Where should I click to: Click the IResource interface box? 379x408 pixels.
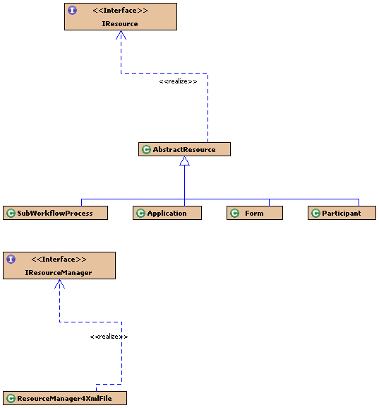point(121,17)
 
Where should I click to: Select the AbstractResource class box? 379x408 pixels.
point(184,149)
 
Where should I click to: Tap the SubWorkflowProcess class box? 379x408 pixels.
point(55,213)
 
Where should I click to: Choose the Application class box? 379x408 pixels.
point(167,213)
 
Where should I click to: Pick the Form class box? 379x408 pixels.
point(255,213)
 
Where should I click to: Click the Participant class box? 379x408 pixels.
point(342,213)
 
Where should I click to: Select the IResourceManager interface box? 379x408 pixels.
point(59,265)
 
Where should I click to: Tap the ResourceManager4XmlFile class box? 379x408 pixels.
point(65,398)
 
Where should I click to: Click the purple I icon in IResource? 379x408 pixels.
point(72,11)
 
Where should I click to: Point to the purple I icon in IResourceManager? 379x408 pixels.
point(11,260)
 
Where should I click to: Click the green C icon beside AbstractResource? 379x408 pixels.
point(146,149)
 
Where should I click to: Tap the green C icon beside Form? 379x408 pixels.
point(234,213)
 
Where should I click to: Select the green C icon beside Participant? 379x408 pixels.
point(315,213)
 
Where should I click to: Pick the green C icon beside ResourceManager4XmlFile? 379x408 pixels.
point(11,398)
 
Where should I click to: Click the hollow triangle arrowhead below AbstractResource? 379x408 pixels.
point(184,161)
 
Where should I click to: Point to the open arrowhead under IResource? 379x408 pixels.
point(121,35)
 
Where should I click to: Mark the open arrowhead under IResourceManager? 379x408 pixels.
point(59,284)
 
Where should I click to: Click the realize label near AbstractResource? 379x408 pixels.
point(178,81)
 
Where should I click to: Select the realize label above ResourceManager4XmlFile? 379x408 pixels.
point(109,337)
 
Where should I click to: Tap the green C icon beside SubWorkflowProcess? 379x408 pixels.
point(11,213)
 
